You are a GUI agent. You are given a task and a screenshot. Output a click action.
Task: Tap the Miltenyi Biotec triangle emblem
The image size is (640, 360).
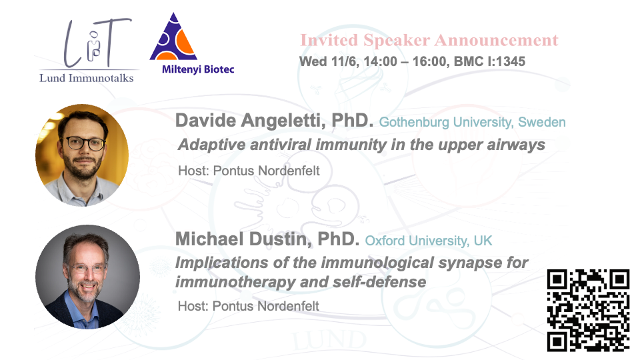pos(173,37)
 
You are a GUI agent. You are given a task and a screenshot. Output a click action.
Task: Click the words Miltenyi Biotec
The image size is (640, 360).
pos(198,69)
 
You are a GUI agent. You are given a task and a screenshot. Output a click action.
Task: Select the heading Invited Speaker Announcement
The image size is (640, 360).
pos(429,41)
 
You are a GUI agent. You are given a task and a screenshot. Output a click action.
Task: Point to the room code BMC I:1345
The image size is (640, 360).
pos(489,61)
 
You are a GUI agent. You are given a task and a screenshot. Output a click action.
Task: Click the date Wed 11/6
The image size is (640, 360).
pos(328,61)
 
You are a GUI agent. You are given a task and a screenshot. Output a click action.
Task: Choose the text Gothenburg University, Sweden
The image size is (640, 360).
pos(472,122)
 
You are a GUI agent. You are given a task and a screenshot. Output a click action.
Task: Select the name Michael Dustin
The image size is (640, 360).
pos(243,239)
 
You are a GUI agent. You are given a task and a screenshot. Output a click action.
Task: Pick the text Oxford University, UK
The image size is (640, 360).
pos(429,241)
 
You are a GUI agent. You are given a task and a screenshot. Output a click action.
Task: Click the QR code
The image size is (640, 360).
pos(588,310)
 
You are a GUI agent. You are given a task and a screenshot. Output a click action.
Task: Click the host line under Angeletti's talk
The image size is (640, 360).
pos(249,171)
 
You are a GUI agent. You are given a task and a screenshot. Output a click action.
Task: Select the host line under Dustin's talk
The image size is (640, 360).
pos(248,306)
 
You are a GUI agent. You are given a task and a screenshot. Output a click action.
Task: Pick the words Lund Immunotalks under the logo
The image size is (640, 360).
pos(87,78)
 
